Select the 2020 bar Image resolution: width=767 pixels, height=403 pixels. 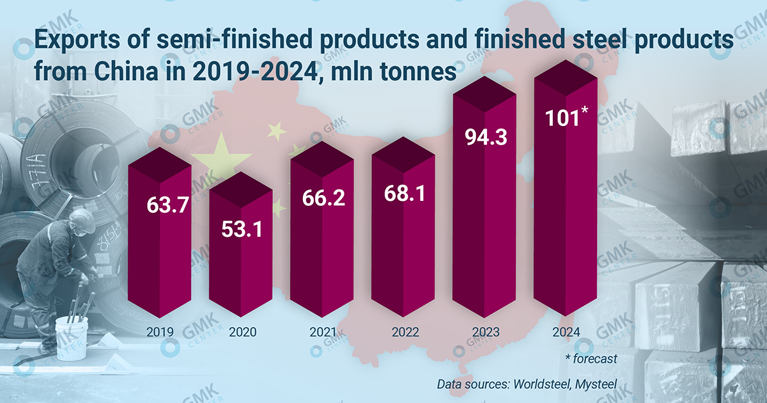coord(241,269)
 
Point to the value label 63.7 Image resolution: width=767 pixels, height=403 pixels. coord(160,207)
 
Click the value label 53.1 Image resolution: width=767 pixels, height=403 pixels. coord(241,229)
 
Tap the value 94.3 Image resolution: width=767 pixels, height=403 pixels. coord(484,138)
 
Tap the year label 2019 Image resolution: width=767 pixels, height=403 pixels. coord(160,333)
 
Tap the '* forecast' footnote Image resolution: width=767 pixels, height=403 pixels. coord(591,359)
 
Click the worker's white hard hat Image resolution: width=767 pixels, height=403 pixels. coord(82,219)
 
